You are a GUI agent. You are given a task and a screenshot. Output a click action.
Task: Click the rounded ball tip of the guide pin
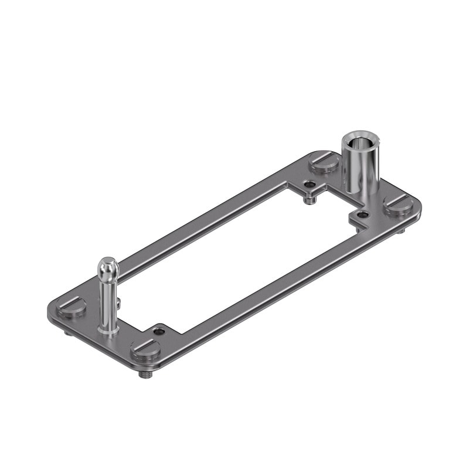(108, 267)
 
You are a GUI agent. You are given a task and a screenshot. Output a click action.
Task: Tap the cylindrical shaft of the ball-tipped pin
(108, 302)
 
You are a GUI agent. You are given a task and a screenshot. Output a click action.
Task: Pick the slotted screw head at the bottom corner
(145, 349)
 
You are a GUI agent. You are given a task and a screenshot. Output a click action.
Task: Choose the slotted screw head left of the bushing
(325, 161)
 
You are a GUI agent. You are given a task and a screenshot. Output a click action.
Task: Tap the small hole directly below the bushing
(363, 215)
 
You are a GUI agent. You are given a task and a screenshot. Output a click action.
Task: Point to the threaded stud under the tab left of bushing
(310, 199)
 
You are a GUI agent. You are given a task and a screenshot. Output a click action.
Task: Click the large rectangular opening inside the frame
(235, 258)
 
